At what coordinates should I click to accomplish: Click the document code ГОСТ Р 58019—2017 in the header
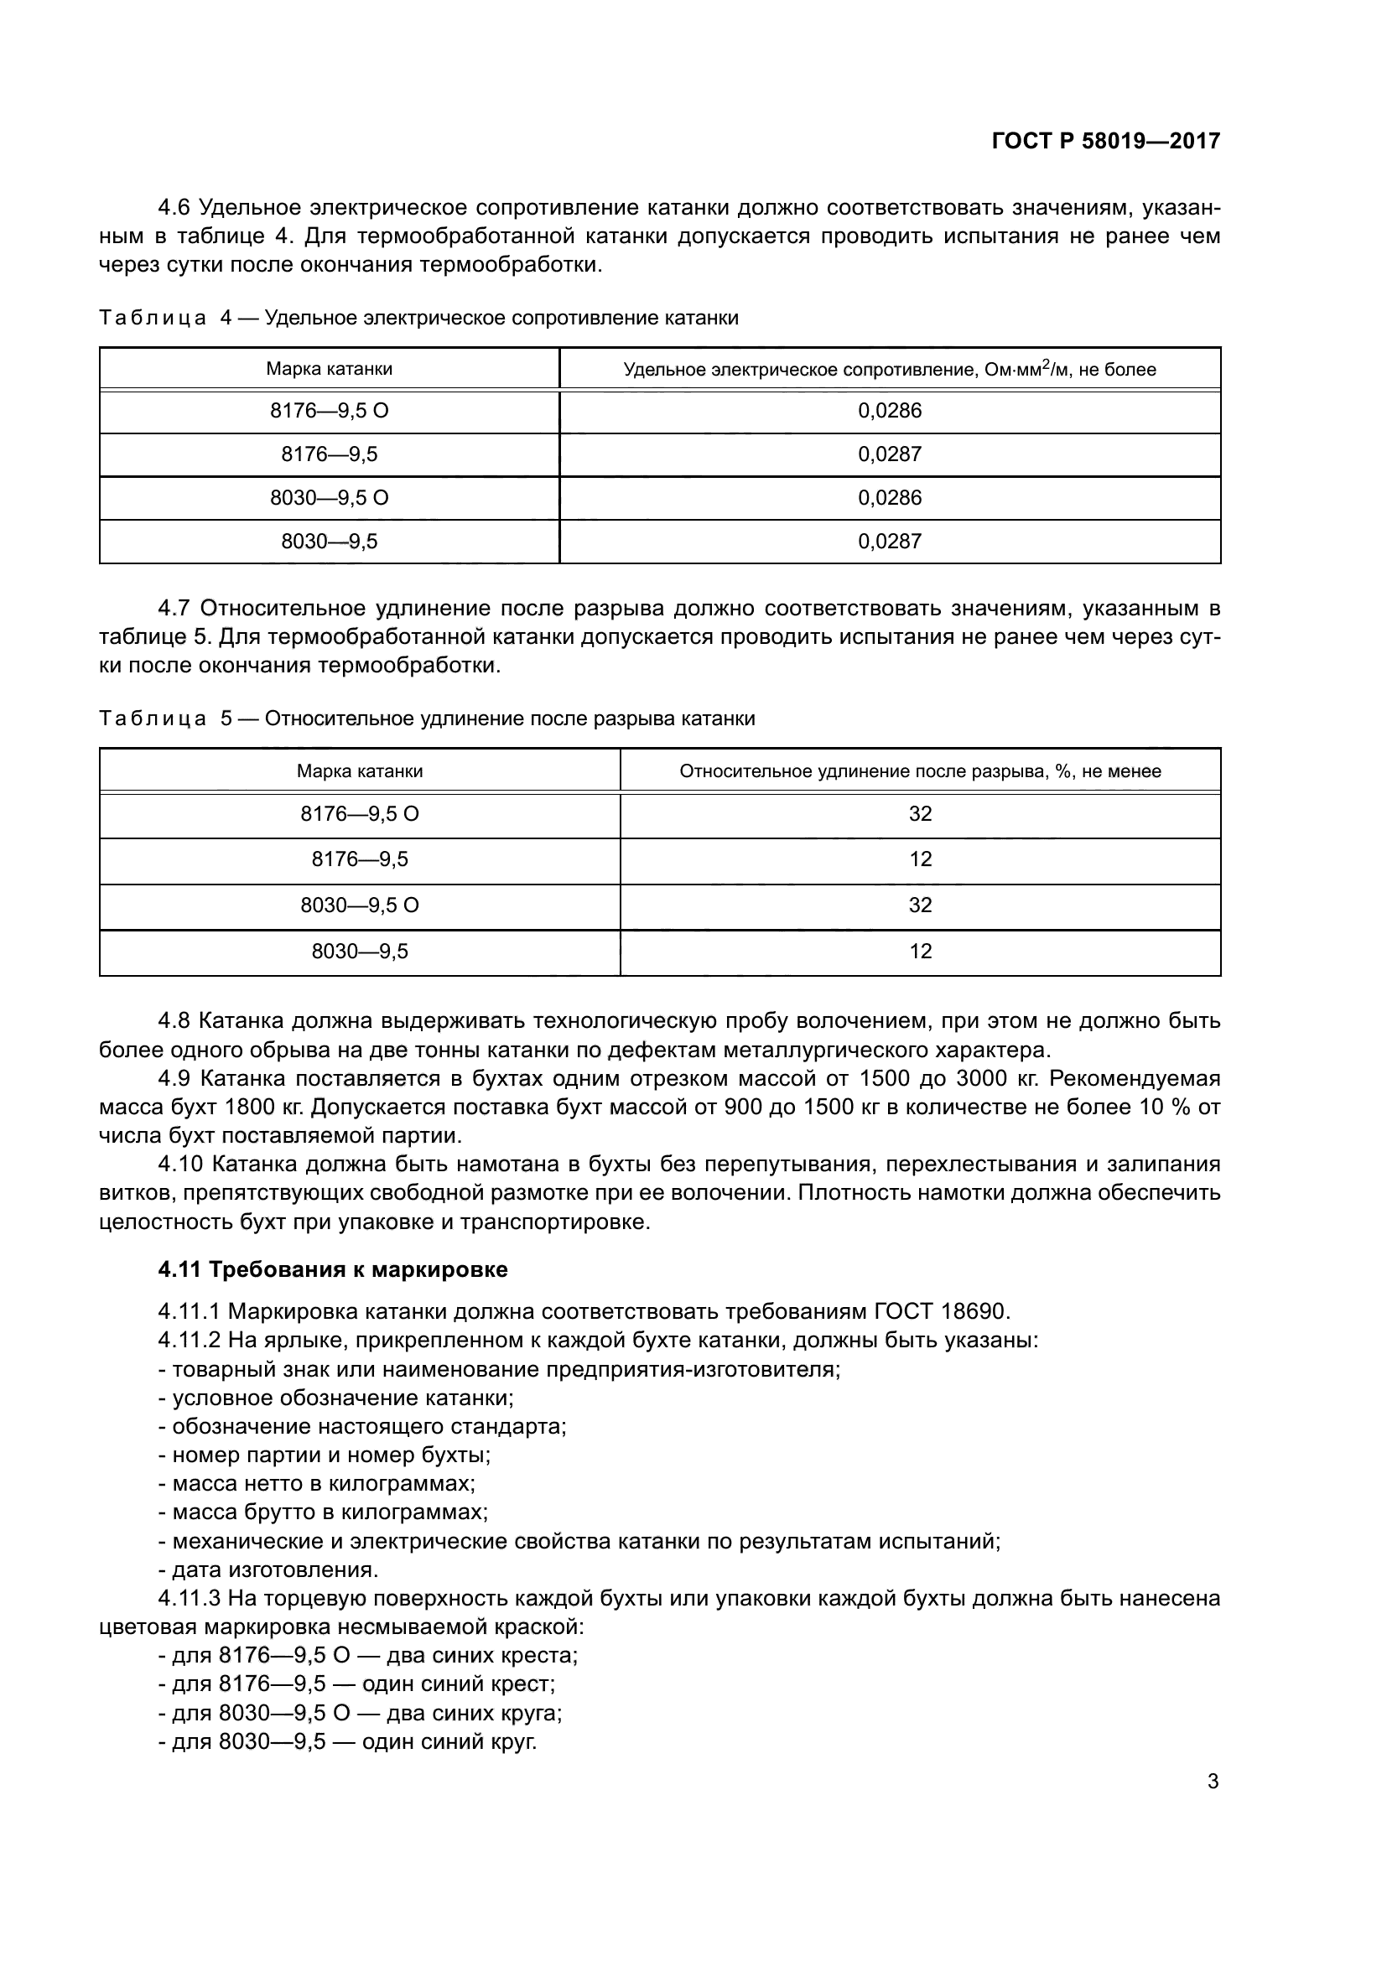(1105, 141)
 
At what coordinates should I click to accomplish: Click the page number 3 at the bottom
(1213, 1782)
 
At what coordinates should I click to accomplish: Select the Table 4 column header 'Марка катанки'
(329, 369)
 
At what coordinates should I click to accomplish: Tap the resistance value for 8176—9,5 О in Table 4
(890, 411)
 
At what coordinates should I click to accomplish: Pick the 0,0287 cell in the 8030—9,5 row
(890, 542)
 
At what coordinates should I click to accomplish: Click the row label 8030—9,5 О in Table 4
(329, 498)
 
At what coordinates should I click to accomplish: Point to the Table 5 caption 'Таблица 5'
(165, 719)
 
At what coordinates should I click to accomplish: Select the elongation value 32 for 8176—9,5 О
(920, 814)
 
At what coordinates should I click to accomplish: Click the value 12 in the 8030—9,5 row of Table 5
(920, 952)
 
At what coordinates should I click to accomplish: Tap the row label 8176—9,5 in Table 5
(360, 859)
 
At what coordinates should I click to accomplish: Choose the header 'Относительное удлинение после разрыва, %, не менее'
(920, 771)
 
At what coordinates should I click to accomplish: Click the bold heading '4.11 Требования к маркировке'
(332, 1269)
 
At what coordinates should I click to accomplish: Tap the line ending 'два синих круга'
(360, 1713)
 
